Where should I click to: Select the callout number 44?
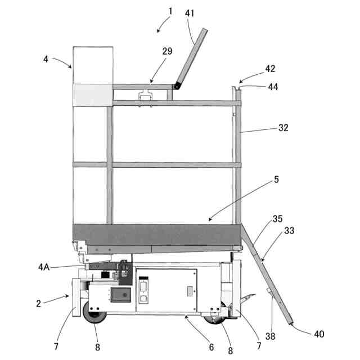(x=272, y=87)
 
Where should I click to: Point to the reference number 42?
(x=271, y=69)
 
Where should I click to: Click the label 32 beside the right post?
(x=282, y=128)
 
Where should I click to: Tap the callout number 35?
(x=278, y=218)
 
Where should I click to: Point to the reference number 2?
(x=38, y=303)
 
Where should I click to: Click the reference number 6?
(x=211, y=347)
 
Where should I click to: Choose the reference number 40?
(x=319, y=334)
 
